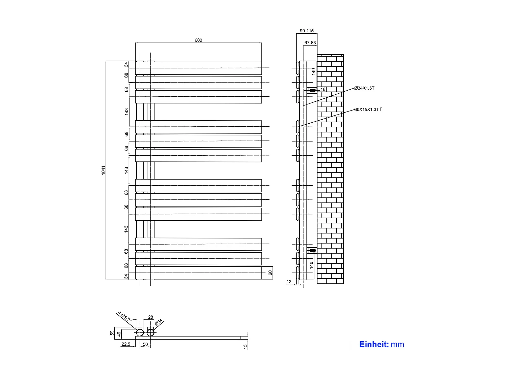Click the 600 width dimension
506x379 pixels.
click(198, 40)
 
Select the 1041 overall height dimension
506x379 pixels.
click(104, 170)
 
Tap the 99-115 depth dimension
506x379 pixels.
click(307, 31)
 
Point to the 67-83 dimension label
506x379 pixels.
click(310, 43)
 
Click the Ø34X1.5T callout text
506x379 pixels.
click(364, 88)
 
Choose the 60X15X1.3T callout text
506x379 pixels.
click(368, 109)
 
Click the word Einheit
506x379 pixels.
click(374, 344)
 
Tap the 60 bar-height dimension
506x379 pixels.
click(270, 273)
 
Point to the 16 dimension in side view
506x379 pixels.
click(323, 90)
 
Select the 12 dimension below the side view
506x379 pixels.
click(289, 282)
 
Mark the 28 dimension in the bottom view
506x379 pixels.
click(150, 317)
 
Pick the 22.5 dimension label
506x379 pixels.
click(126, 344)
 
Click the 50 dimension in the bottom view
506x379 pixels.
click(145, 344)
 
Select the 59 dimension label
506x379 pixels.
click(112, 333)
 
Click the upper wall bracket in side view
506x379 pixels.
click(313, 90)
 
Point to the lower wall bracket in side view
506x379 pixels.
click(313, 250)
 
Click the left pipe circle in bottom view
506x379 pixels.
click(140, 333)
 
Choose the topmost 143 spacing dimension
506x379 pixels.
click(126, 112)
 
